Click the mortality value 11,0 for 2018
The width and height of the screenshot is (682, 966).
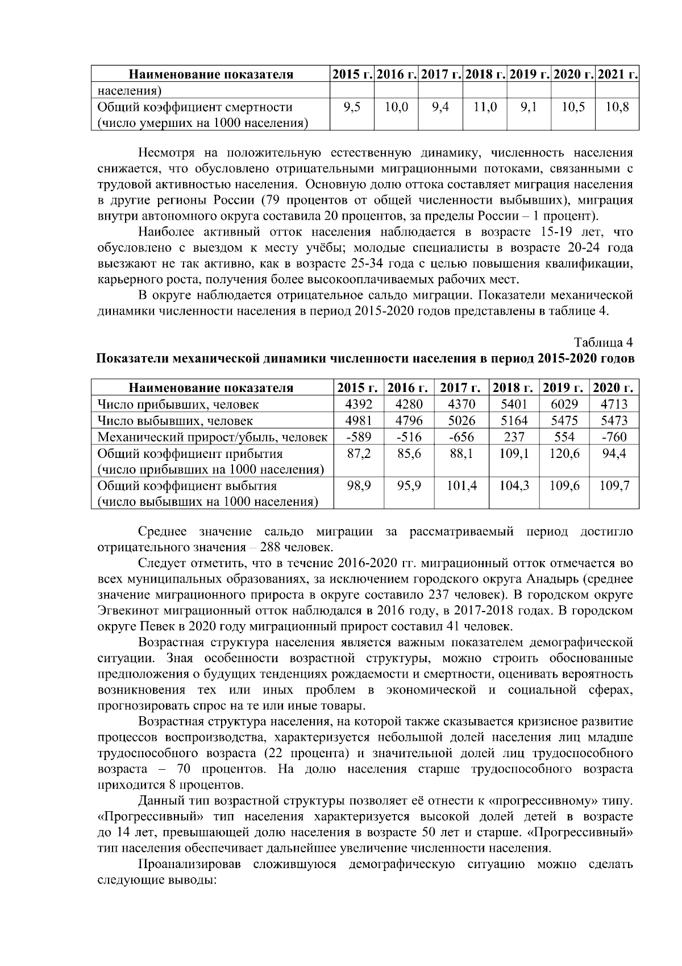tap(485, 107)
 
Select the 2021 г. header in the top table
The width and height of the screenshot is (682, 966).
tap(617, 74)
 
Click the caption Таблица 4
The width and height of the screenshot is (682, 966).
tap(604, 343)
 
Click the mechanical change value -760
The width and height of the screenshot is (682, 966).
tap(614, 437)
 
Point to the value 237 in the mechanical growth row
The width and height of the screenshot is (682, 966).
tap(514, 437)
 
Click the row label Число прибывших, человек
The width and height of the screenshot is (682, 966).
tap(178, 404)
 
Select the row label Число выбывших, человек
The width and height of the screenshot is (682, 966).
tap(176, 421)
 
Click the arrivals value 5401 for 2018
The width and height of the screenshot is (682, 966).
tap(514, 404)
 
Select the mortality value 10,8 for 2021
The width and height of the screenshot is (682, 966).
tap(617, 107)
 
